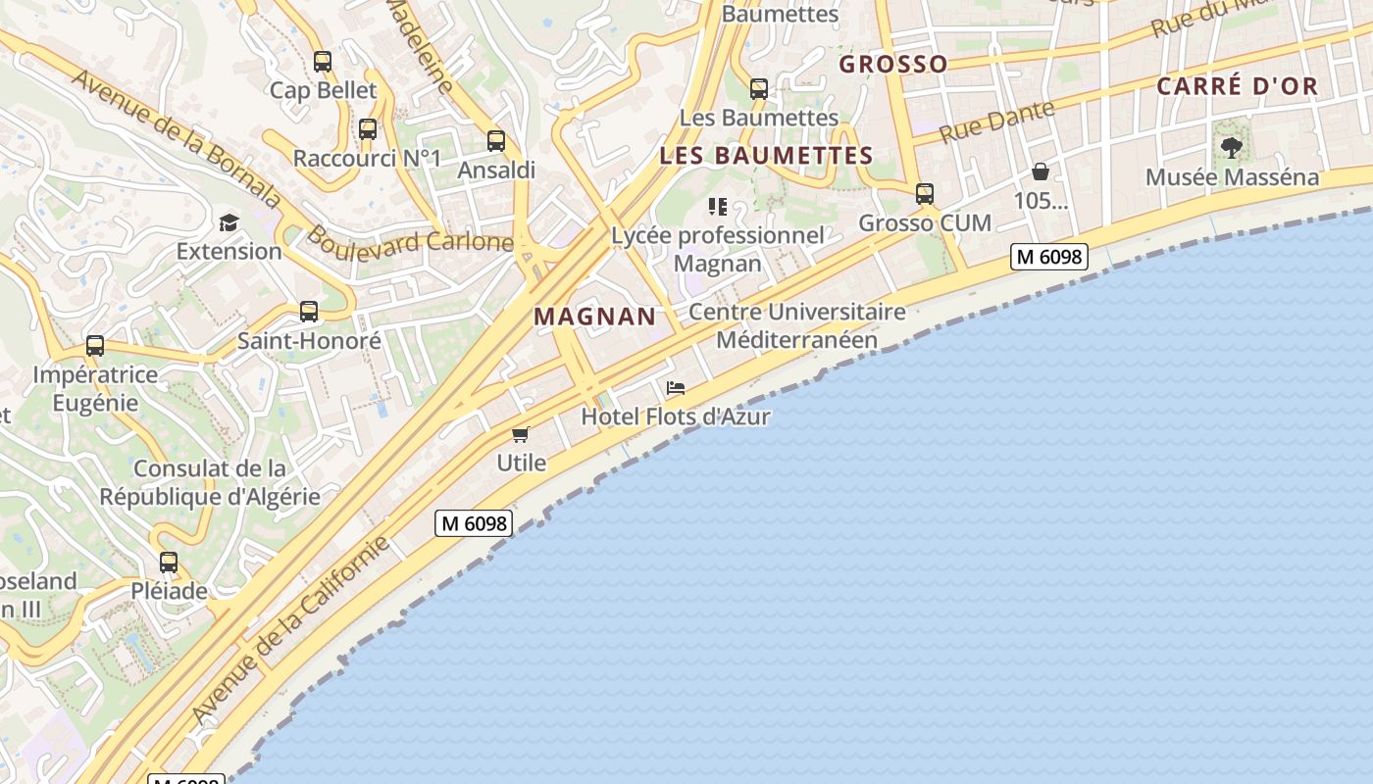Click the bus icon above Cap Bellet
coord(323,62)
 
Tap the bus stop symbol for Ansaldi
coord(496,141)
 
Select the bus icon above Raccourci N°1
coord(368,129)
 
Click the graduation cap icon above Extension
coord(229,222)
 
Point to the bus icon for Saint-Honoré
coord(309,312)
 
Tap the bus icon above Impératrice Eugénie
coord(95,346)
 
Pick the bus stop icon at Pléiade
coord(169,563)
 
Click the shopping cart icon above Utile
coord(521,434)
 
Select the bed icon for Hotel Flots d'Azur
coord(676,388)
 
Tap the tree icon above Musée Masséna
coord(1232,148)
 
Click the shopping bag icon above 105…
coord(1041,172)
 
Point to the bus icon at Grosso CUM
coord(925,194)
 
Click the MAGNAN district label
coord(595,317)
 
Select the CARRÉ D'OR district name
coord(1238,86)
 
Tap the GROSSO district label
coord(893,65)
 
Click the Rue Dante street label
coord(997,122)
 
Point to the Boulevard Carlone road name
coord(410,240)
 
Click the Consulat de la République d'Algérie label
coord(210,482)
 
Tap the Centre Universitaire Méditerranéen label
coord(797,325)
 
